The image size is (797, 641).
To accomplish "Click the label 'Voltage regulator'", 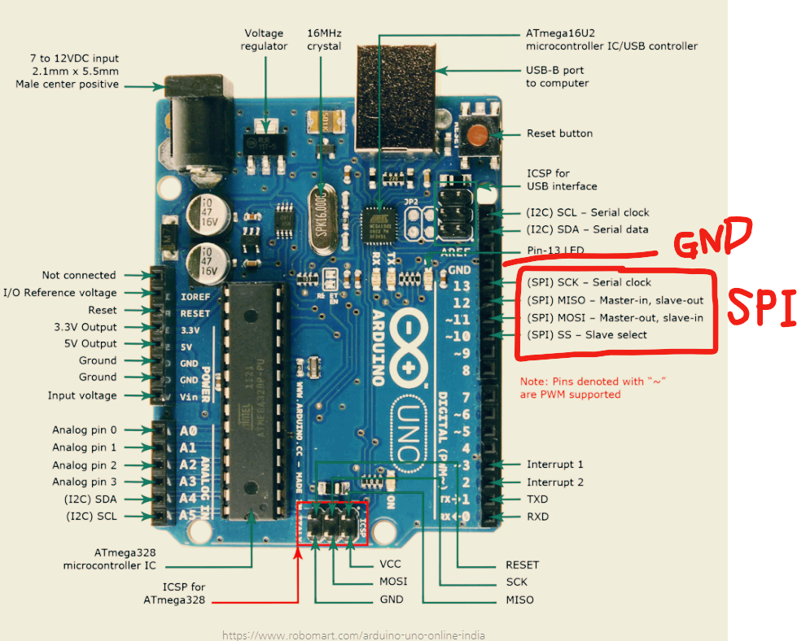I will (264, 40).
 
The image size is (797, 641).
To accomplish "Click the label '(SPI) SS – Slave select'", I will (586, 334).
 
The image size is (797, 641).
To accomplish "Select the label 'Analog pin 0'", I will (85, 430).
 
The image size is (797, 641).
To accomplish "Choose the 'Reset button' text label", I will (559, 133).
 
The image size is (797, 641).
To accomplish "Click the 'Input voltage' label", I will (82, 395).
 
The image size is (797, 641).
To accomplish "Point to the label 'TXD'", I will (537, 499).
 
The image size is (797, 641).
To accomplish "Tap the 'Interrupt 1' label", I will (555, 464).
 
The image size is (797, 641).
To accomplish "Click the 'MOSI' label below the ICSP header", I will (393, 582).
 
